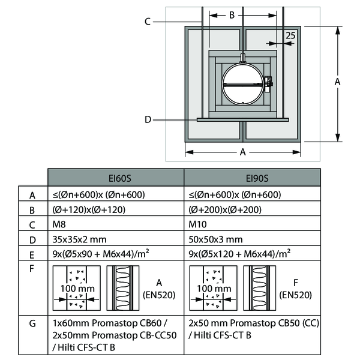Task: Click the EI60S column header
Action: (115, 178)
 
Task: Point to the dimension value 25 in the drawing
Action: (291, 35)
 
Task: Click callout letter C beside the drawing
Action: (147, 22)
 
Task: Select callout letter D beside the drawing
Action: (147, 119)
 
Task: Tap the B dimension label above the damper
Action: (232, 16)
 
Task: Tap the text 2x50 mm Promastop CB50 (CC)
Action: (253, 323)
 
